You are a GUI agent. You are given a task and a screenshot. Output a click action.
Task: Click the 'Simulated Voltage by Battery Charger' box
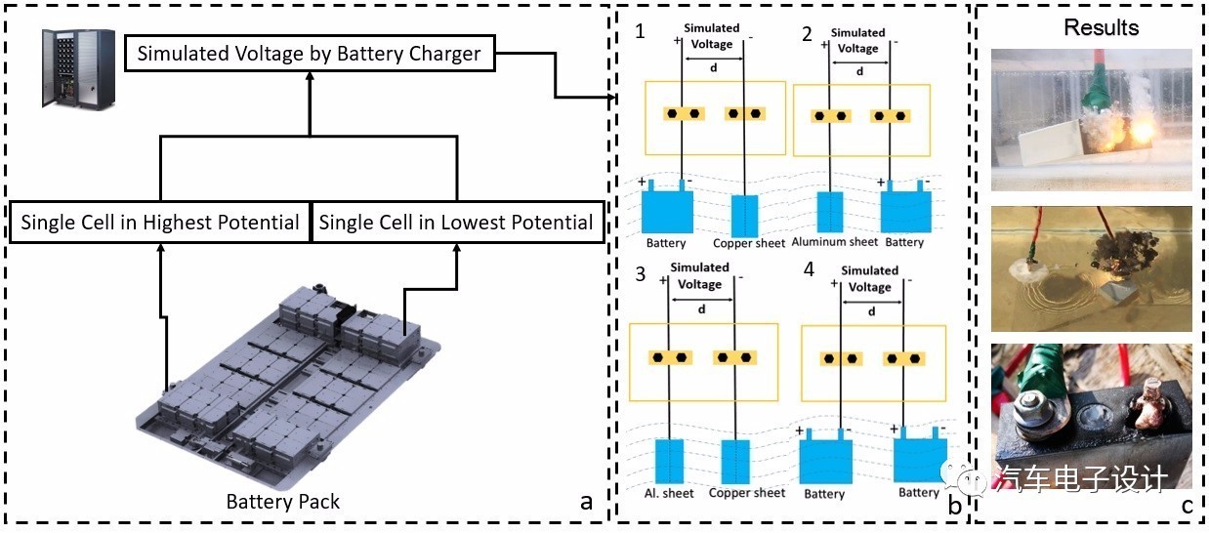[x=309, y=54]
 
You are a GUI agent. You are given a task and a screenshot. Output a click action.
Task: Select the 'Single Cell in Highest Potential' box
[x=160, y=223]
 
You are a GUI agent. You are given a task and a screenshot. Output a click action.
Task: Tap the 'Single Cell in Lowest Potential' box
[x=455, y=223]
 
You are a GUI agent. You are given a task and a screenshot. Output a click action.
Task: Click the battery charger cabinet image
[x=70, y=67]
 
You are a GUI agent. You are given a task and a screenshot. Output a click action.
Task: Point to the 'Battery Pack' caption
[x=283, y=502]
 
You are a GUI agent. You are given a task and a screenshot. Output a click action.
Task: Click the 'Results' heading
[x=1101, y=27]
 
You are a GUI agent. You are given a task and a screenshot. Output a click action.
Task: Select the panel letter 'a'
[x=586, y=502]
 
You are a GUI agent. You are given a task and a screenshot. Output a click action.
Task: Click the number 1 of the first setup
[x=641, y=31]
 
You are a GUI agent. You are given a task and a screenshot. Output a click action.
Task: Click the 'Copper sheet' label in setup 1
[x=749, y=243]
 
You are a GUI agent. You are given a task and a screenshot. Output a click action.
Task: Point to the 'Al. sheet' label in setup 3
[x=670, y=493]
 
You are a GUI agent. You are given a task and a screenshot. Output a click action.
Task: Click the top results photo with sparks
[x=1091, y=119]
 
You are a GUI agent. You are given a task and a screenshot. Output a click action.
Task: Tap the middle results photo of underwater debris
[x=1091, y=267]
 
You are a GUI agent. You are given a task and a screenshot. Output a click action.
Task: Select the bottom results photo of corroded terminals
[x=1091, y=416]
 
